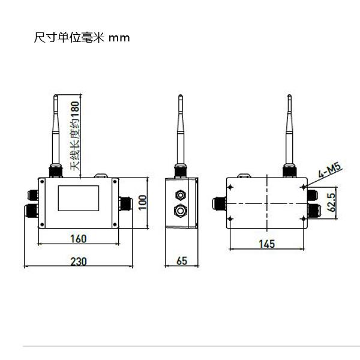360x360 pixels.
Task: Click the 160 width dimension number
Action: (x=78, y=238)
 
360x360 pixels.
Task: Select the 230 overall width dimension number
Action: (x=78, y=261)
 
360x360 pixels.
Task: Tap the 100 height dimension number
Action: (x=142, y=202)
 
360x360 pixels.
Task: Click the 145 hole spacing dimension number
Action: (x=267, y=244)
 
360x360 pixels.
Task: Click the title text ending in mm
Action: (x=82, y=37)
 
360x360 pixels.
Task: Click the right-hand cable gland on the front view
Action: (x=128, y=202)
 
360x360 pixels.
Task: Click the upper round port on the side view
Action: (x=179, y=195)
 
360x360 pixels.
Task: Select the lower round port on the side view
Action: (x=179, y=211)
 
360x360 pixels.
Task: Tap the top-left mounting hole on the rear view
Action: (x=230, y=185)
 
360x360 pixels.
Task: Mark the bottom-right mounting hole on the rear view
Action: (x=304, y=220)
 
